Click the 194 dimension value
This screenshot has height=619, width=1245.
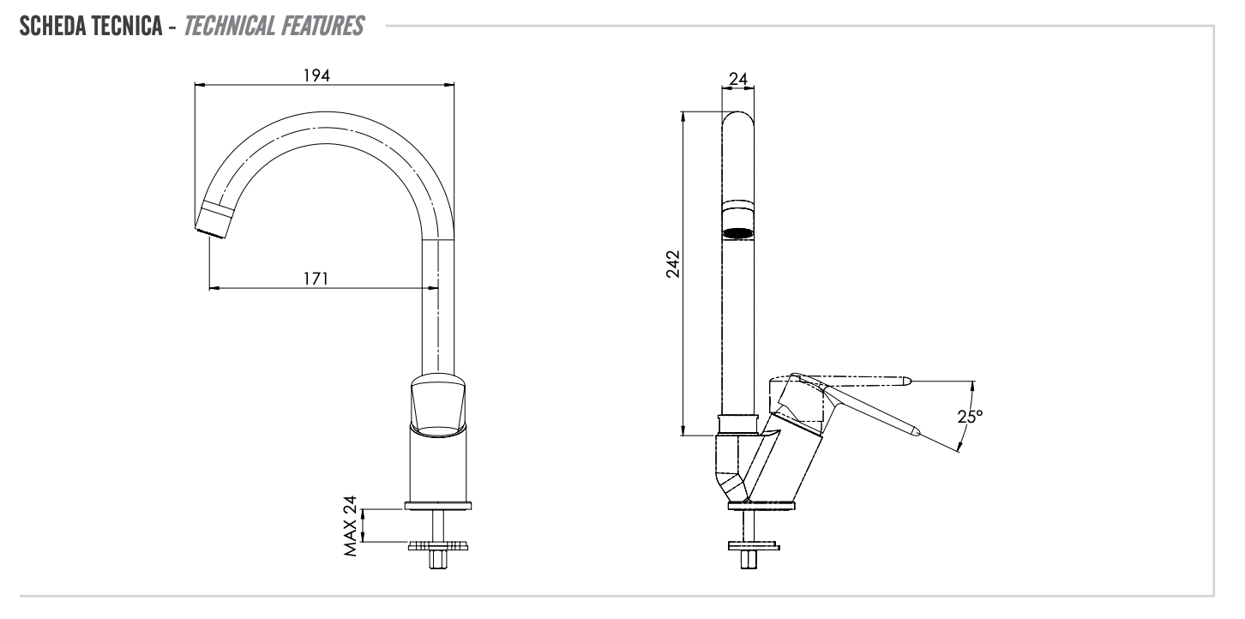pos(318,75)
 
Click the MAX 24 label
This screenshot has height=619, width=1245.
pos(349,526)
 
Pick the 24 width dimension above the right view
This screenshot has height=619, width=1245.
pos(737,79)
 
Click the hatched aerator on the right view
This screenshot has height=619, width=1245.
pos(738,231)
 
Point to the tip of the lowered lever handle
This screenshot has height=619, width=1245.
pos(916,433)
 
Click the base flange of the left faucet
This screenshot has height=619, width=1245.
pos(439,506)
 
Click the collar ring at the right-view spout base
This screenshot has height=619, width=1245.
pos(738,423)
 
